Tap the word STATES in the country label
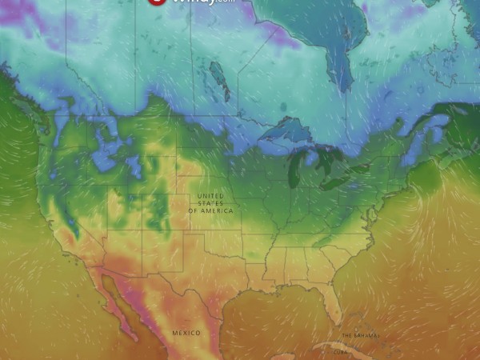click(x=211, y=203)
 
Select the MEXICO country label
click(x=186, y=332)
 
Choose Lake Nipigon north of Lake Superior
click(x=283, y=106)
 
